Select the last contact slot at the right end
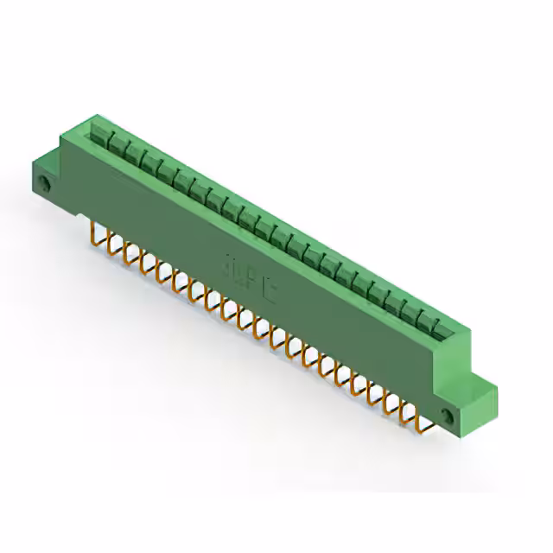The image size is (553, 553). pyautogui.click(x=441, y=327)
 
